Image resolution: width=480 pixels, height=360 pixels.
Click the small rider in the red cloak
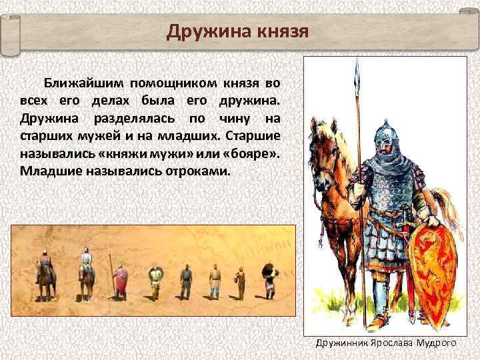point(46,269)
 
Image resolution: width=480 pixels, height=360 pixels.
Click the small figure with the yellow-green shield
point(156,275)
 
